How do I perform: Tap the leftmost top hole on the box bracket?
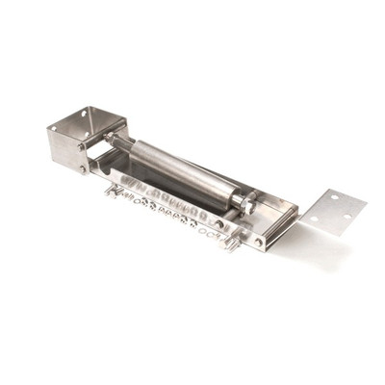click(x=82, y=128)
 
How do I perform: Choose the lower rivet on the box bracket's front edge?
click(x=84, y=168)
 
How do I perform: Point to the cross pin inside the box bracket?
click(x=96, y=154)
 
